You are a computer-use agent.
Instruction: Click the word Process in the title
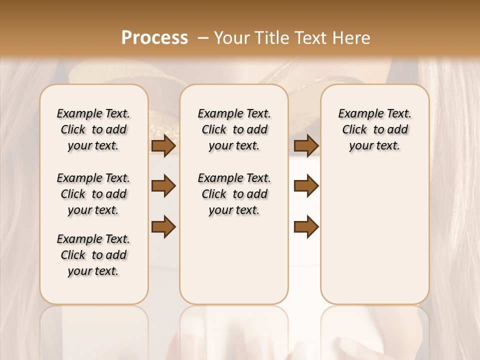click(x=154, y=38)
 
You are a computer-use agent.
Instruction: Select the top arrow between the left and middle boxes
click(x=163, y=146)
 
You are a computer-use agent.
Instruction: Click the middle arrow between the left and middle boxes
click(x=163, y=186)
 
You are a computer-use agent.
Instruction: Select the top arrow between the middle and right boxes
click(x=306, y=146)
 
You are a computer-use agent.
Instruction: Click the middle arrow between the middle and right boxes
click(x=306, y=186)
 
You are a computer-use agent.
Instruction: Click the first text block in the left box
click(x=93, y=129)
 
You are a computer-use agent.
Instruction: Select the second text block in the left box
click(x=93, y=194)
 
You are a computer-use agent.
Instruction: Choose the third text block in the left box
click(x=93, y=255)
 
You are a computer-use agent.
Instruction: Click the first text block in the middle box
click(x=234, y=129)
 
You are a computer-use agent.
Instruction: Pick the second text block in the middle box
click(x=234, y=194)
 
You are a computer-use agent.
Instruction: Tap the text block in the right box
click(x=375, y=129)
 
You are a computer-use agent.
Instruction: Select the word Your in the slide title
click(x=232, y=38)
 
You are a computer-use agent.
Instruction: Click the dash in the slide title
click(x=203, y=38)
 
